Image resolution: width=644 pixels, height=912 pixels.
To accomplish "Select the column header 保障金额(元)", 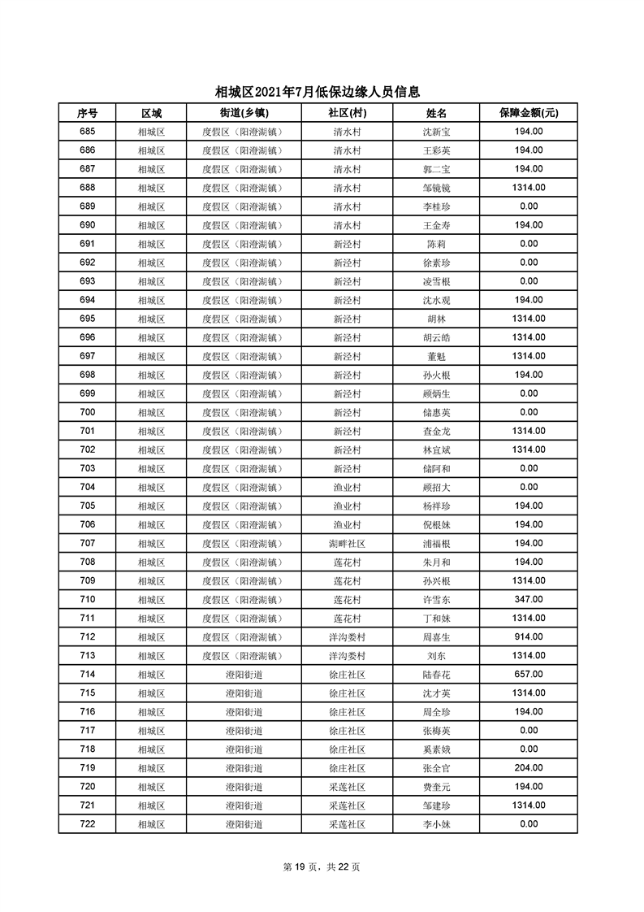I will [x=528, y=113].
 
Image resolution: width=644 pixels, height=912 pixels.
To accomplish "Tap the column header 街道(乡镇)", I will [x=244, y=113].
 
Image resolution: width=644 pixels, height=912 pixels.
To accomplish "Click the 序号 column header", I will [x=88, y=113].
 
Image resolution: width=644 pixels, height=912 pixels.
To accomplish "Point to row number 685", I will [x=88, y=132].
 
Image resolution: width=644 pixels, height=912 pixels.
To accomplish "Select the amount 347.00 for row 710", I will [x=528, y=599].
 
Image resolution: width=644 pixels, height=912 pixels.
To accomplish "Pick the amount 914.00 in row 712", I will [x=528, y=636].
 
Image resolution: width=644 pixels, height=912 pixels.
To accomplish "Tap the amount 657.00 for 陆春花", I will [x=528, y=674].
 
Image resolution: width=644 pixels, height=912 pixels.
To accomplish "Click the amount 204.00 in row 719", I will [x=528, y=767].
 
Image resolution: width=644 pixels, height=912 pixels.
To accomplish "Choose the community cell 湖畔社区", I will [x=347, y=543].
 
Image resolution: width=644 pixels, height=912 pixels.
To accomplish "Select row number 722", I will [x=88, y=823].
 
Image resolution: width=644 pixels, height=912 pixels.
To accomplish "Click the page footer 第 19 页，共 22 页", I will [x=322, y=866].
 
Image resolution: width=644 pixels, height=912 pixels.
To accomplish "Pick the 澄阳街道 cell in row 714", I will [x=244, y=675].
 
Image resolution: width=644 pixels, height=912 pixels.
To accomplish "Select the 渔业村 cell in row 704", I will [x=347, y=487].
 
